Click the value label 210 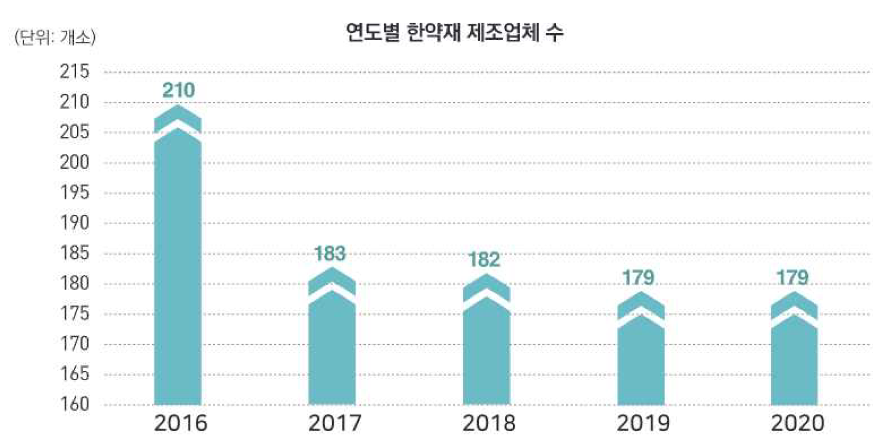(179, 90)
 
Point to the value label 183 (330, 254)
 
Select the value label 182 (484, 260)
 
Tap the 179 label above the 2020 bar (792, 278)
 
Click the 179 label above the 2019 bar (638, 278)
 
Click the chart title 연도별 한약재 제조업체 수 (454, 32)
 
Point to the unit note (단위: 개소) (55, 38)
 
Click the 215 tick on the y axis (75, 71)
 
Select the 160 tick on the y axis (75, 404)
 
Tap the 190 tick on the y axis (75, 222)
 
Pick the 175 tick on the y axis (75, 313)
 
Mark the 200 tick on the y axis (75, 162)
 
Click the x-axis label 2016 (181, 423)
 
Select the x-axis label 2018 (489, 423)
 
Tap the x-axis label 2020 (798, 423)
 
